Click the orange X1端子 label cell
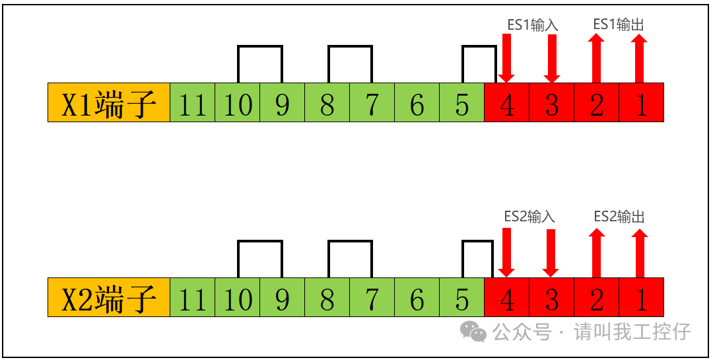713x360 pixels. pyautogui.click(x=109, y=102)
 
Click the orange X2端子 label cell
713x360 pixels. pyautogui.click(x=109, y=297)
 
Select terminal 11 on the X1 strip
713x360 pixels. pyautogui.click(x=193, y=102)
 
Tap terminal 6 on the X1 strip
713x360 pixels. pyautogui.click(x=417, y=102)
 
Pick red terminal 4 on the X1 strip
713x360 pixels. pyautogui.click(x=506, y=102)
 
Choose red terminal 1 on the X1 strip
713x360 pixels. pyautogui.click(x=641, y=102)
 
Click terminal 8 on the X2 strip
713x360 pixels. pyautogui.click(x=327, y=297)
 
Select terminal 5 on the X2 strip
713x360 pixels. pyautogui.click(x=462, y=297)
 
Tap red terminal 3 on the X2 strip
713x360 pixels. pyautogui.click(x=551, y=297)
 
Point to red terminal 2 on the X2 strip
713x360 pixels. pyautogui.click(x=596, y=297)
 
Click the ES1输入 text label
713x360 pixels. pyautogui.click(x=533, y=25)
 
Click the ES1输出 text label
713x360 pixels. pyautogui.click(x=619, y=24)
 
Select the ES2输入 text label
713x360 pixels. pyautogui.click(x=529, y=217)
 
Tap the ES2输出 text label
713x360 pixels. pyautogui.click(x=619, y=217)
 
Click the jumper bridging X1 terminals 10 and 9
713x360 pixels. pyautogui.click(x=260, y=47)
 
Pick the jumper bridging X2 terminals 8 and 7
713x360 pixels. pyautogui.click(x=350, y=242)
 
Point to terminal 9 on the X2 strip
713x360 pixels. pyautogui.click(x=283, y=297)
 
